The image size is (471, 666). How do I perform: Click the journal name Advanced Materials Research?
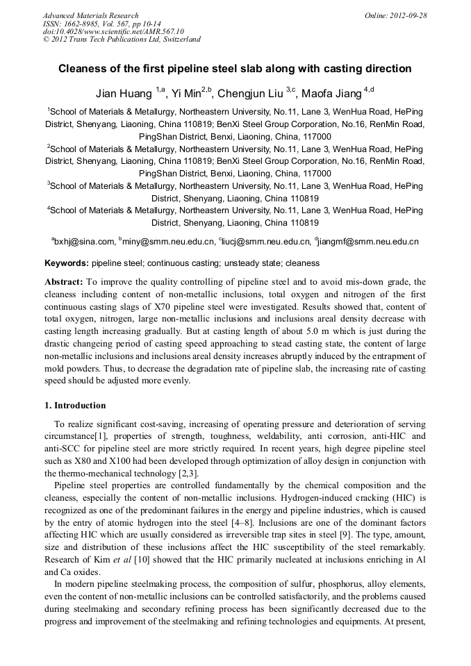point(90,15)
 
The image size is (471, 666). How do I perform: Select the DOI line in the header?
point(113,31)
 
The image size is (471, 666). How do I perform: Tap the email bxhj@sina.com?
point(84,242)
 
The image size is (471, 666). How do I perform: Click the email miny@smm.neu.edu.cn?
point(167,242)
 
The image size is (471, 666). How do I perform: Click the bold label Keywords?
point(67,264)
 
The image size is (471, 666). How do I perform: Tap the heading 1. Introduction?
point(75,406)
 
